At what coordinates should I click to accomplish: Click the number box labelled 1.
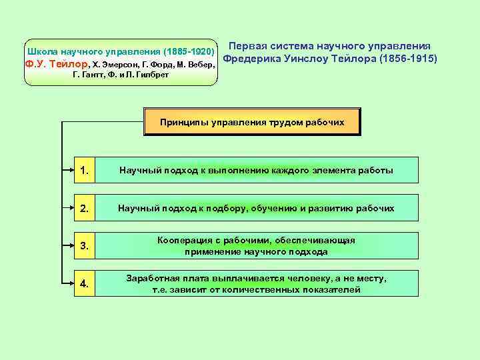85,170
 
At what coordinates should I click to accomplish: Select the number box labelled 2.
85,208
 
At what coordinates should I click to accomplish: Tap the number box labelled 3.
85,246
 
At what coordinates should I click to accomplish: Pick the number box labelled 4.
85,284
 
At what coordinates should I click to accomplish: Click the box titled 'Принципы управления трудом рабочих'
252,122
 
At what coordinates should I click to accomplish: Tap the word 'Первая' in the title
248,45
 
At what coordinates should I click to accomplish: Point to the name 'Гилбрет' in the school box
153,75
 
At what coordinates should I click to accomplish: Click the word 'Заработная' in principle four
151,278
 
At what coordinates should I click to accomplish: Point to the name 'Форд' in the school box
149,65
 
